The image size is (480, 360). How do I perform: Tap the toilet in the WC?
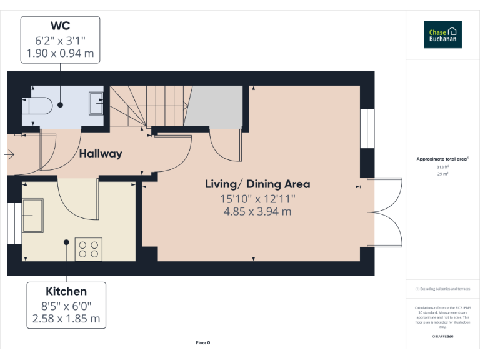point(38,105)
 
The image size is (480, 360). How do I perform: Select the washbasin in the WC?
point(96,103)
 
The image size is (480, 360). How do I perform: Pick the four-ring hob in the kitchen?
point(88,249)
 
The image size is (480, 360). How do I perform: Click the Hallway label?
point(100,153)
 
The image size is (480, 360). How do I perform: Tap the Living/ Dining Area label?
point(257,184)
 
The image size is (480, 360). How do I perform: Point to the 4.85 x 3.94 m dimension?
point(257,211)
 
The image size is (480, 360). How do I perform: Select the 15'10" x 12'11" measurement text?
point(257,199)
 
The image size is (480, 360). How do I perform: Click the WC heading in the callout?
point(60,26)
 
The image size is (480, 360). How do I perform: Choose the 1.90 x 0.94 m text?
point(60,54)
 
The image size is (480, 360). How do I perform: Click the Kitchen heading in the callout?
point(66,291)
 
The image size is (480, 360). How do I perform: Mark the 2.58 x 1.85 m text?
point(66,319)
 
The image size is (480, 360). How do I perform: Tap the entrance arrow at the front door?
point(9,154)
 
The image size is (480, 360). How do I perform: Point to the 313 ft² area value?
point(442,167)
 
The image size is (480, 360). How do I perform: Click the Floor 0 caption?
point(203,342)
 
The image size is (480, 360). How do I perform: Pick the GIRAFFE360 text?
point(442,337)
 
